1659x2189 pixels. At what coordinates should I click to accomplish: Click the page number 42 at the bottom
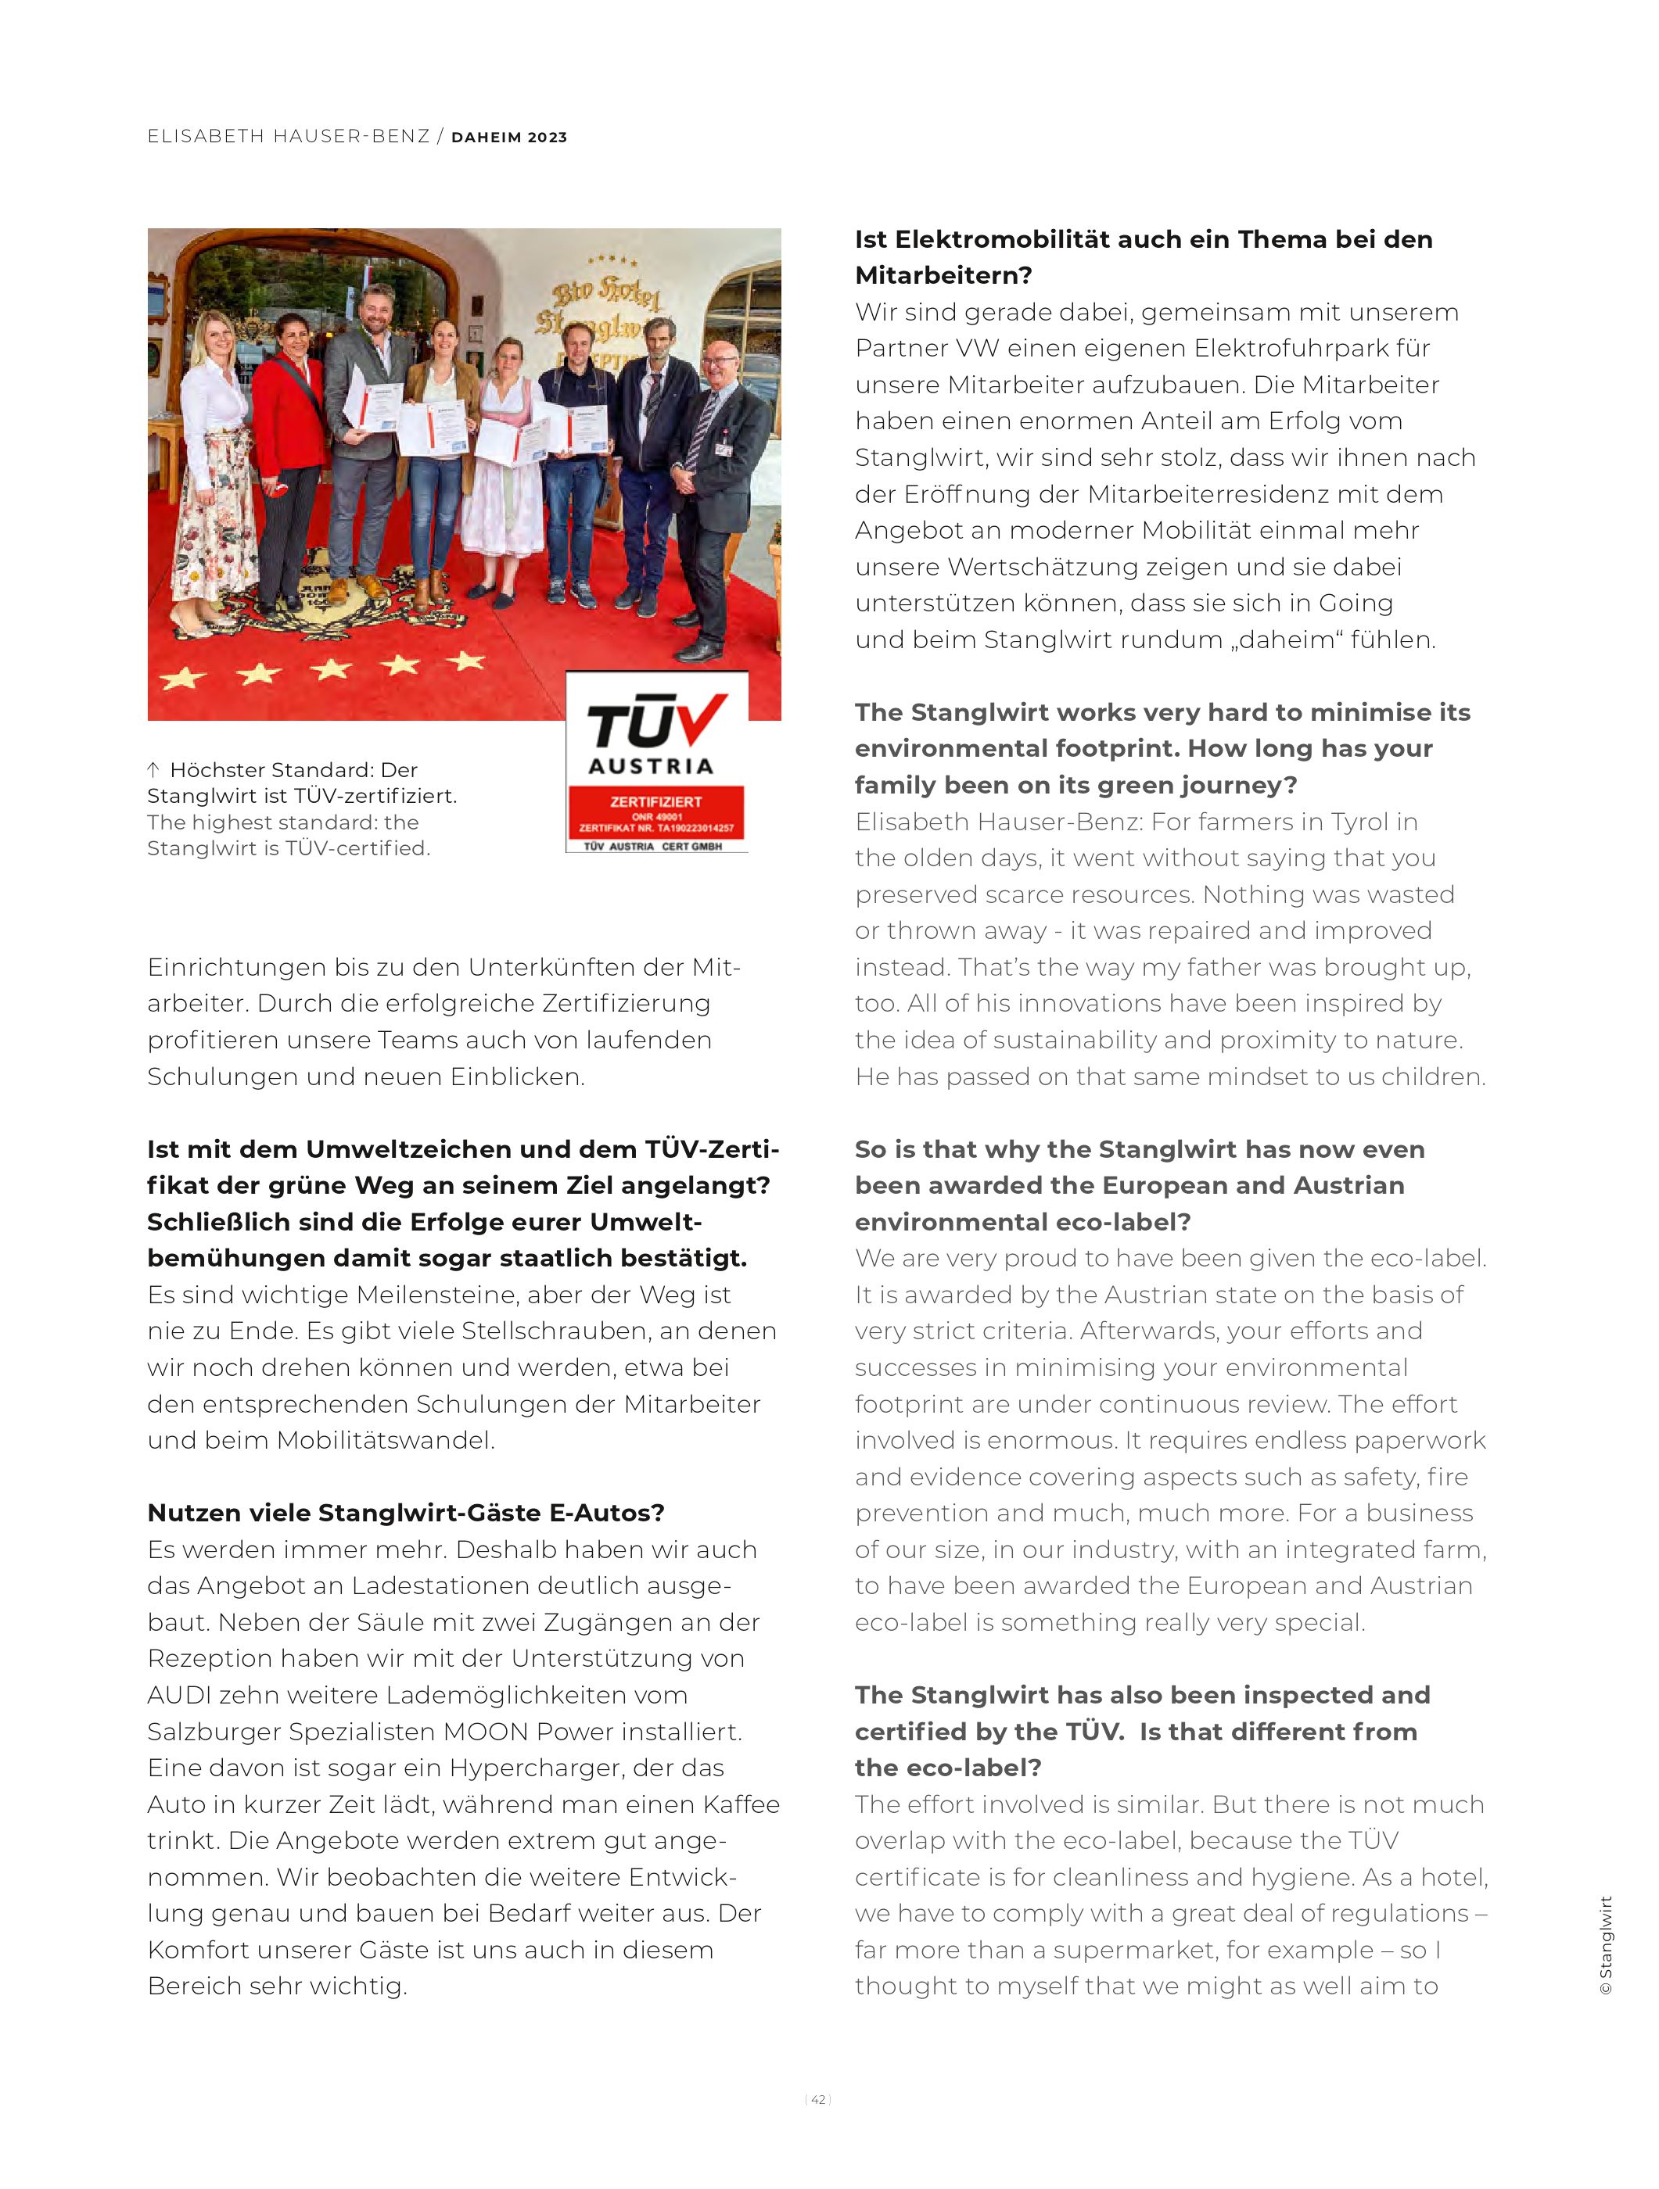pyautogui.click(x=817, y=2099)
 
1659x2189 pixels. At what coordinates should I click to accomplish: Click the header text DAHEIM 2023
pyautogui.click(x=508, y=138)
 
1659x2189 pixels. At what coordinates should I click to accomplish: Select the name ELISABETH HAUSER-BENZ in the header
pyautogui.click(x=288, y=137)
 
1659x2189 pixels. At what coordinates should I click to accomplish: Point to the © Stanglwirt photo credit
pyautogui.click(x=1606, y=1944)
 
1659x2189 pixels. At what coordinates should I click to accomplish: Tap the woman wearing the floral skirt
pyautogui.click(x=220, y=465)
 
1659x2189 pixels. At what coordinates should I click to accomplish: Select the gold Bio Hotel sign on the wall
pyautogui.click(x=605, y=302)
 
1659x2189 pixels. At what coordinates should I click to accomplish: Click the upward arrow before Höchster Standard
pyautogui.click(x=153, y=769)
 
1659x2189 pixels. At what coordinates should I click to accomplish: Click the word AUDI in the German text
pyautogui.click(x=179, y=1695)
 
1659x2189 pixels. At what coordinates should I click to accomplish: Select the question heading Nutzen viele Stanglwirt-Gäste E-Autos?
pyautogui.click(x=406, y=1513)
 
